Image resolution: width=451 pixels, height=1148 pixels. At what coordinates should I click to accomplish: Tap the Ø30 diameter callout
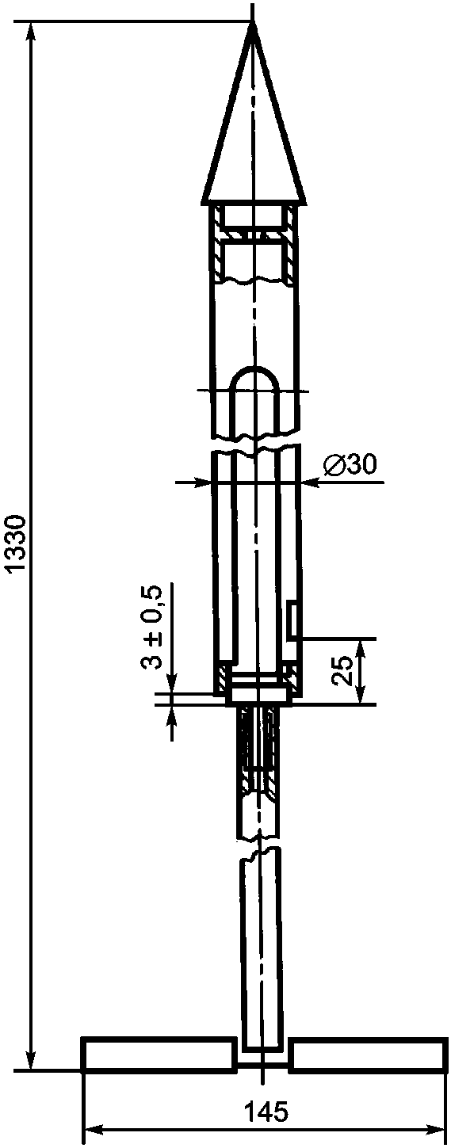pos(350,463)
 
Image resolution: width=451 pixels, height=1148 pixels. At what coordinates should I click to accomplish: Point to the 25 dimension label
pos(343,669)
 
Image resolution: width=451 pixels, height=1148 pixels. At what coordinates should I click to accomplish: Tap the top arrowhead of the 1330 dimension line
pos(32,32)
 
